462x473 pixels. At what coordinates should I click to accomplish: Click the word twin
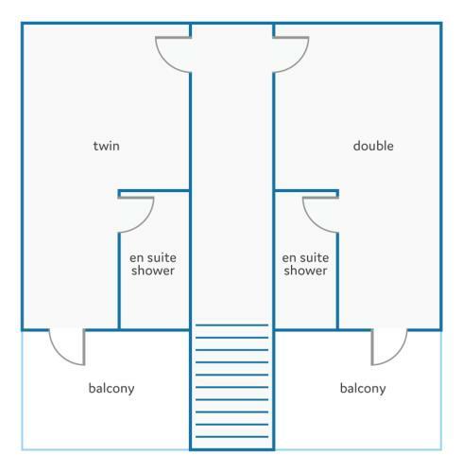click(107, 146)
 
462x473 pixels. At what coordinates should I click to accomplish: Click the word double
click(373, 146)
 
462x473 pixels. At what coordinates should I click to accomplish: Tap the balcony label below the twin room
click(111, 389)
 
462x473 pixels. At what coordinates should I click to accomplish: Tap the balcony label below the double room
click(363, 389)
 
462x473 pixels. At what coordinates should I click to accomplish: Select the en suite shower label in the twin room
click(153, 264)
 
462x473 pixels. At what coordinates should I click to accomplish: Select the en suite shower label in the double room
click(305, 264)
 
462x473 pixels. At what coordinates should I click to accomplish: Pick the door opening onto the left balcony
click(61, 356)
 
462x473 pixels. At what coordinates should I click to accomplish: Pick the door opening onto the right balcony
click(396, 356)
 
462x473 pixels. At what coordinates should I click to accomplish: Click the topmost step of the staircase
click(231, 324)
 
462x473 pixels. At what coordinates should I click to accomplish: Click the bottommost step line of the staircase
click(231, 437)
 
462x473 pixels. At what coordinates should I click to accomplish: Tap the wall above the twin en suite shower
click(154, 191)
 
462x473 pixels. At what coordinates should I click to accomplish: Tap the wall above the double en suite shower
click(306, 191)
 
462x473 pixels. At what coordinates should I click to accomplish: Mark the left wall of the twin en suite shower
click(119, 281)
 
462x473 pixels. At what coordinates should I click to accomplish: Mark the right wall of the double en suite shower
click(337, 281)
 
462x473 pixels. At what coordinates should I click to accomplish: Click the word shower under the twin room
click(153, 271)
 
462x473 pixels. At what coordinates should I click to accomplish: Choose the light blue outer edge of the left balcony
click(22, 391)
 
